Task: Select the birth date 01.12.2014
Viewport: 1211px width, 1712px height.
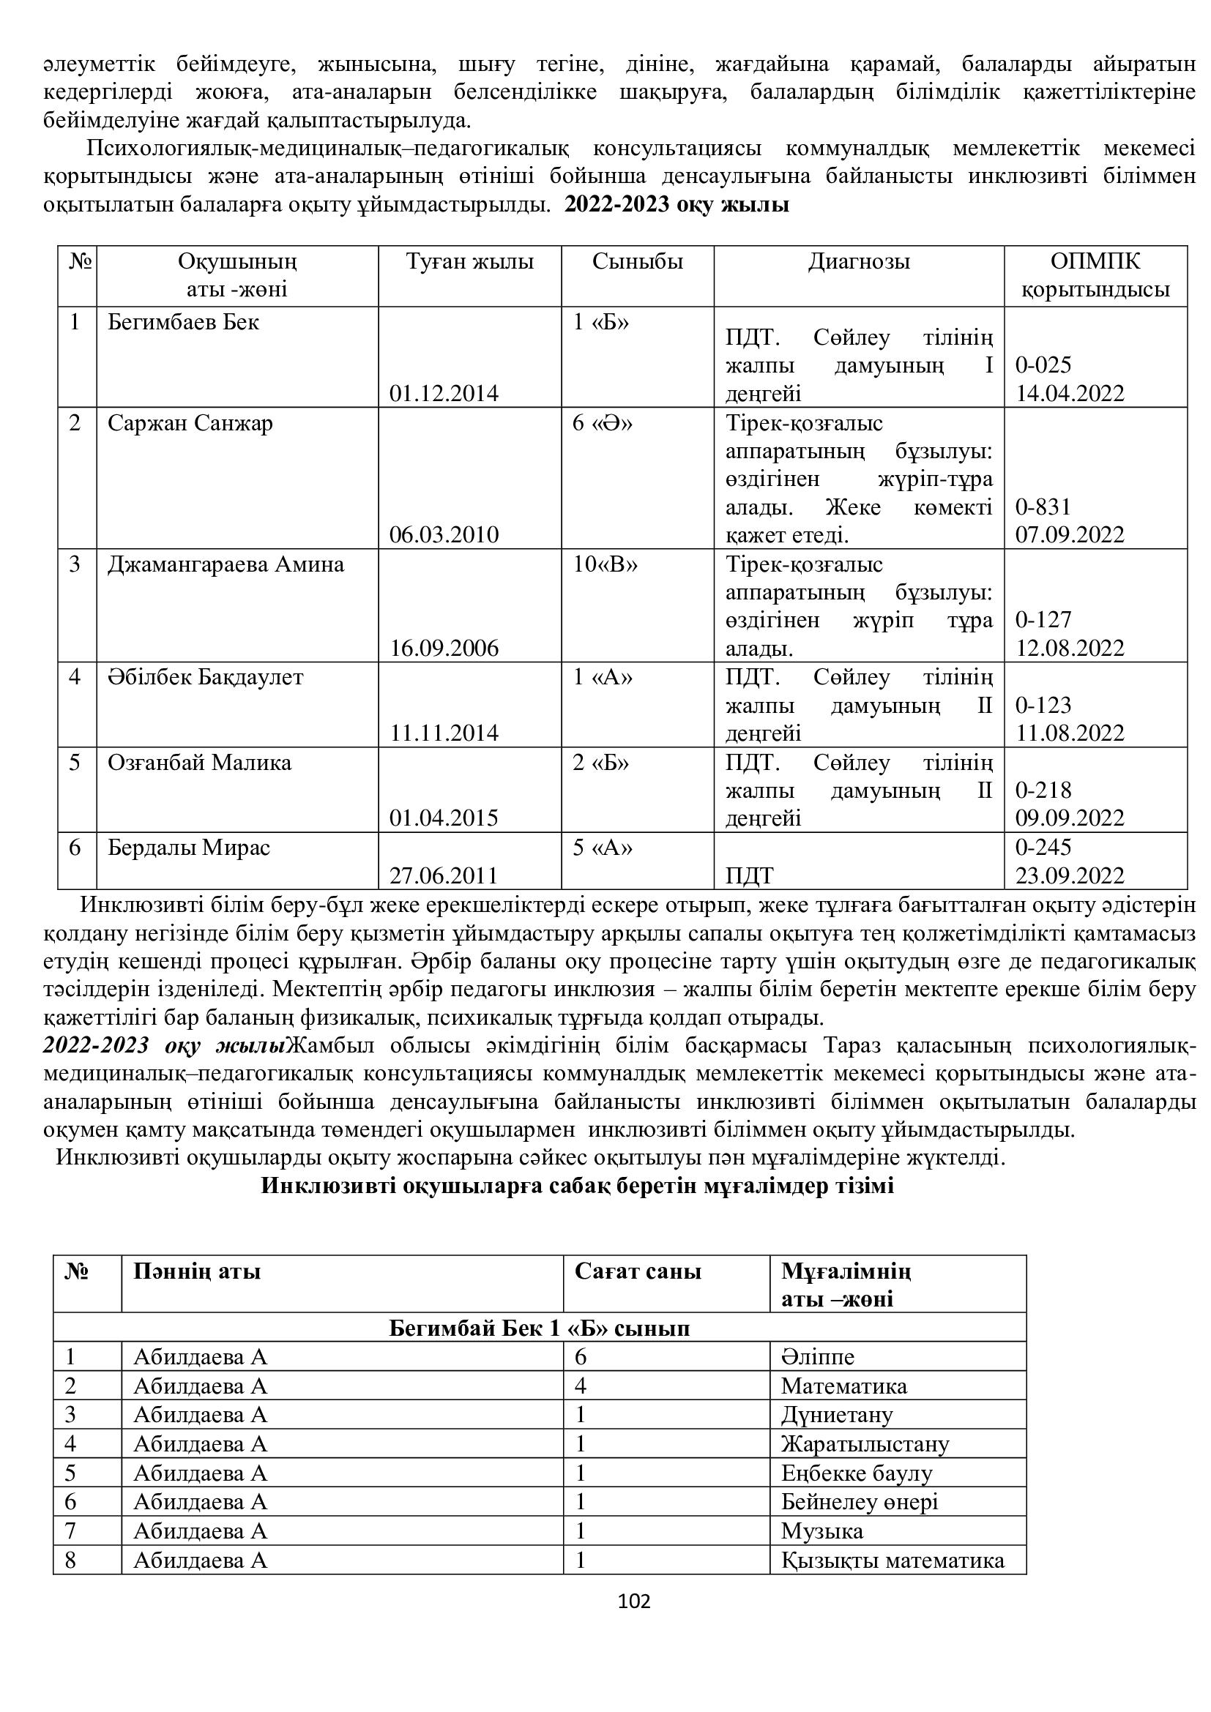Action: pyautogui.click(x=444, y=393)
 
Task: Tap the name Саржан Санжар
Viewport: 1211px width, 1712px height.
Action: pyautogui.click(x=190, y=423)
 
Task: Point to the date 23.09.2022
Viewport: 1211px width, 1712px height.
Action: pyautogui.click(x=1069, y=875)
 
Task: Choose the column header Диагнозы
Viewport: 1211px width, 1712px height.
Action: pyautogui.click(x=858, y=262)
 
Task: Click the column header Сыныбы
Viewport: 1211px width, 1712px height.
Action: pyautogui.click(x=638, y=262)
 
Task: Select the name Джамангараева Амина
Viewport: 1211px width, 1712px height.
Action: pyautogui.click(x=226, y=564)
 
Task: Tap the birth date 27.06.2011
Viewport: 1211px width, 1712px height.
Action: pyautogui.click(x=444, y=875)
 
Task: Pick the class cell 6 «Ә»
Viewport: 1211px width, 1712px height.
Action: pyautogui.click(x=603, y=423)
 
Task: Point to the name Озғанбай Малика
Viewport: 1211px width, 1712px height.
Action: pyautogui.click(x=199, y=763)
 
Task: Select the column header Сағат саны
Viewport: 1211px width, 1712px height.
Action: pyautogui.click(x=638, y=1271)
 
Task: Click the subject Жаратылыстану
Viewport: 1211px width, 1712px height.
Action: pyautogui.click(x=865, y=1443)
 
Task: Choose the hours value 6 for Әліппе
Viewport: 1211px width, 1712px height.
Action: pyautogui.click(x=581, y=1356)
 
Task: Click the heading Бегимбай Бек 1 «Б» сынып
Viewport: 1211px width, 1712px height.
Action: pyautogui.click(x=539, y=1328)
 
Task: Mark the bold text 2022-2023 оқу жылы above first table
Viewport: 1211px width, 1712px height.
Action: pyautogui.click(x=677, y=204)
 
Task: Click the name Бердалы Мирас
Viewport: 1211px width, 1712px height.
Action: pyautogui.click(x=189, y=847)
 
